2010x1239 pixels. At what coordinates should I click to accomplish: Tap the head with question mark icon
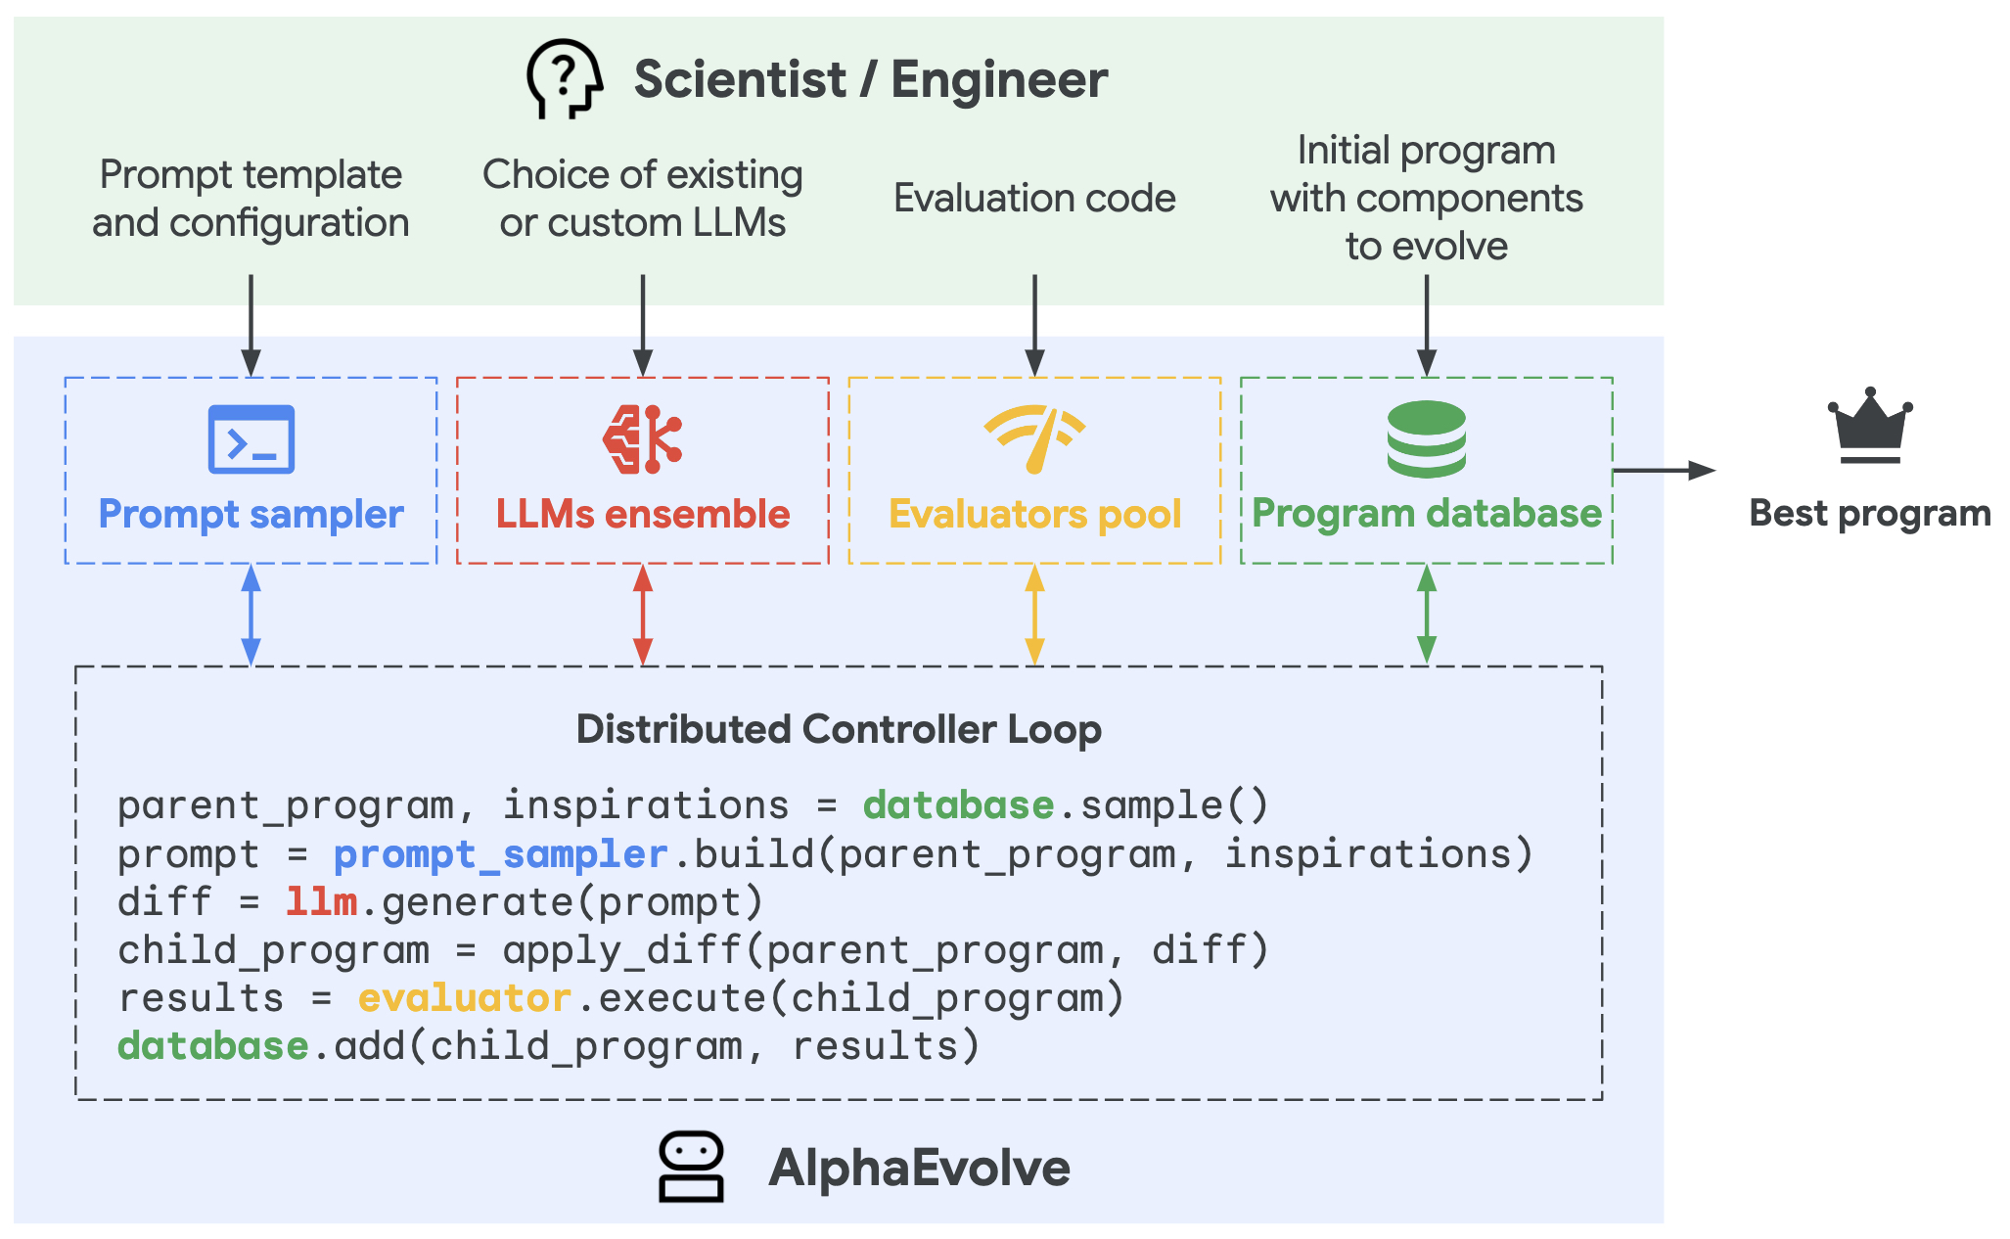point(564,78)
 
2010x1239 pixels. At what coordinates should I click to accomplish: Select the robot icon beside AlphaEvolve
point(691,1167)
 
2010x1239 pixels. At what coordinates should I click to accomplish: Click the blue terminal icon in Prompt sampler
point(251,439)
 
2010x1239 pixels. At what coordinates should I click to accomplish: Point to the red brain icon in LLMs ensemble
point(642,439)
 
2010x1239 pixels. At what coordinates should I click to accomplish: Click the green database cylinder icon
point(1427,439)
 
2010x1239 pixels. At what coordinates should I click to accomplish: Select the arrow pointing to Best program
point(1665,471)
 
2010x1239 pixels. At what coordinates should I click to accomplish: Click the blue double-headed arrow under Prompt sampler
point(251,615)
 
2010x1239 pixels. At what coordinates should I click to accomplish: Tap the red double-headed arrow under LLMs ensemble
point(643,615)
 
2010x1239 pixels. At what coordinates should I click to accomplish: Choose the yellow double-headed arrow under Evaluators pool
point(1034,615)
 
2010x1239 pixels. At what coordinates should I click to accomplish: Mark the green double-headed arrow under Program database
point(1427,615)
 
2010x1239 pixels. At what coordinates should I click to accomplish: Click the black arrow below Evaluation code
point(1034,325)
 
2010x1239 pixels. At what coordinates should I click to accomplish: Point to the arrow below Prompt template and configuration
point(251,325)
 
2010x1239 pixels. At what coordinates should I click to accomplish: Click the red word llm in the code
point(321,901)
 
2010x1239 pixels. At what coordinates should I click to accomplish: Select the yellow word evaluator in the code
point(465,997)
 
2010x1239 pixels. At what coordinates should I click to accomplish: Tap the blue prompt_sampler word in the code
point(501,854)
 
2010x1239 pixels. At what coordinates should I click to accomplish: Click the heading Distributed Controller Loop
point(839,729)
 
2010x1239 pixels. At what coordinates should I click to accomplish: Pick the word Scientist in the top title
point(740,79)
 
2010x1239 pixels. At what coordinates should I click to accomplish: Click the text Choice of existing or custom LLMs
point(643,198)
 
